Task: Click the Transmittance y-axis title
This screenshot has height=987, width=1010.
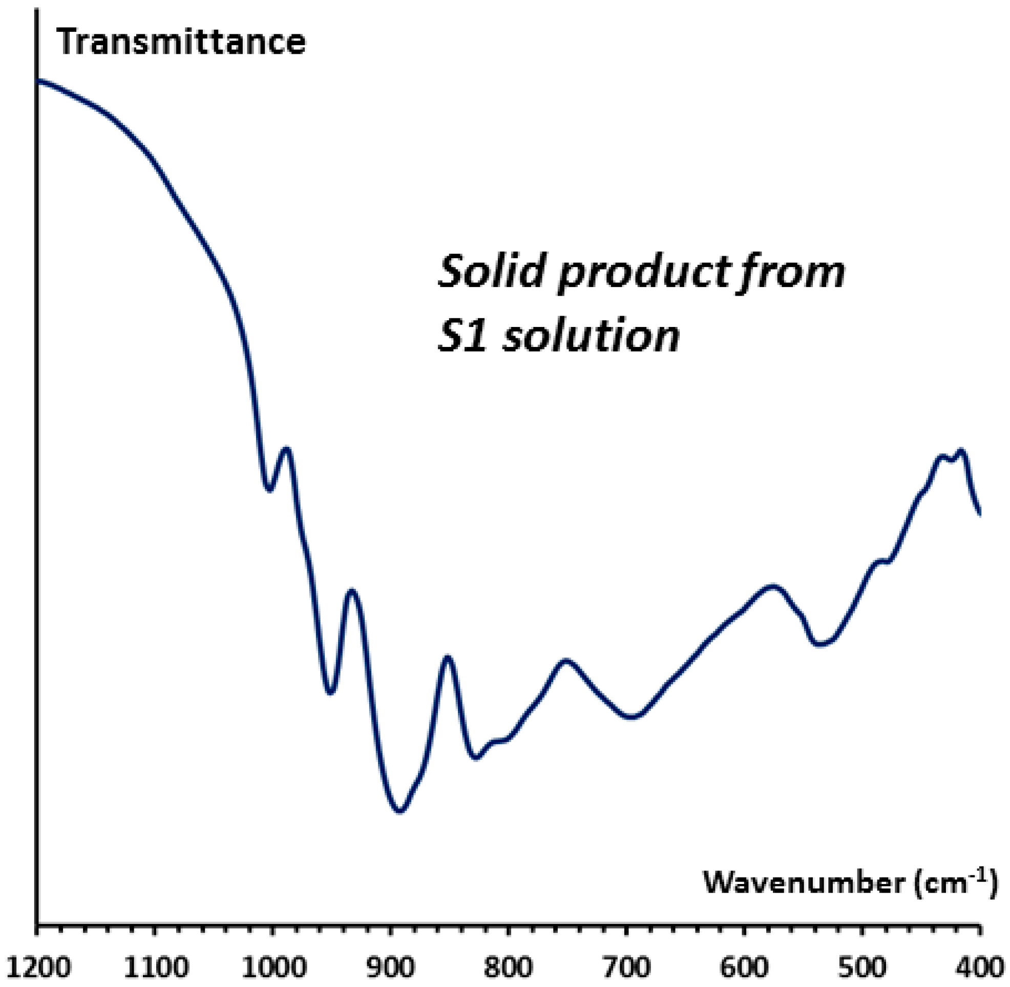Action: [x=181, y=43]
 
